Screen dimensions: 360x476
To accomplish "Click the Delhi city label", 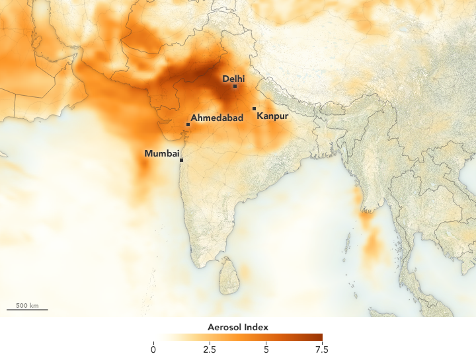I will tap(233, 79).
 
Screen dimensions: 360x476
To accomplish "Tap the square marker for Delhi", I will tap(235, 86).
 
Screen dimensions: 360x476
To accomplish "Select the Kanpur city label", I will tap(272, 117).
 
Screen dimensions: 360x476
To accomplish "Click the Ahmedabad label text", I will tap(217, 118).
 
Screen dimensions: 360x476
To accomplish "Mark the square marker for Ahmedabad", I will tap(188, 124).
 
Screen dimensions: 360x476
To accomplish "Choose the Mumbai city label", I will tap(161, 154).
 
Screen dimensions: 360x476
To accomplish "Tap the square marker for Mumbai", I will tap(181, 160).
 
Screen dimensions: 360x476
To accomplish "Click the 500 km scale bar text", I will tap(27, 305).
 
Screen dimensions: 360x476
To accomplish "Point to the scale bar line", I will tap(27, 310).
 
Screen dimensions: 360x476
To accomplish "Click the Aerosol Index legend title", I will tap(238, 328).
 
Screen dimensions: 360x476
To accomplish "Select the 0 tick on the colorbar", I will tap(153, 349).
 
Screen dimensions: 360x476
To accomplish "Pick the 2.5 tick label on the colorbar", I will tap(210, 349).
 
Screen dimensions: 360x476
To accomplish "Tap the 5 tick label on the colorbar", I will tap(266, 349).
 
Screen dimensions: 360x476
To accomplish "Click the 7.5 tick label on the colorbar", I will tap(322, 349).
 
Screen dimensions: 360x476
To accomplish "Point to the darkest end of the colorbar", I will tap(320, 337).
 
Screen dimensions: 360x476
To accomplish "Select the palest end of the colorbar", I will tap(156, 337).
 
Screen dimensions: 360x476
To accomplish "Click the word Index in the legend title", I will tap(255, 328).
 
